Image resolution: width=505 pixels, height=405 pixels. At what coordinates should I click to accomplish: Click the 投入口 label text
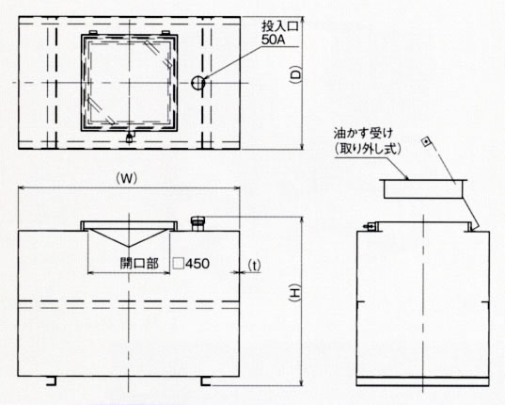[x=280, y=26]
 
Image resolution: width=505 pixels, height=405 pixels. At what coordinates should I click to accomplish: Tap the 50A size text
[x=273, y=40]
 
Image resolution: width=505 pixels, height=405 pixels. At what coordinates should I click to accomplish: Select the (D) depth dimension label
[x=295, y=74]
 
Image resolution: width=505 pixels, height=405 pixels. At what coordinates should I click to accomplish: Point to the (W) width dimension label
[x=127, y=178]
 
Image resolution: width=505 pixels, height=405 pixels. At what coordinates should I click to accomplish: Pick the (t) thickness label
[x=255, y=266]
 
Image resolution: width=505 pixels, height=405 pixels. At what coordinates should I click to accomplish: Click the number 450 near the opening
[x=197, y=264]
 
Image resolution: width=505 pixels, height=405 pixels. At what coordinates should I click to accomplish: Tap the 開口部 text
[x=139, y=264]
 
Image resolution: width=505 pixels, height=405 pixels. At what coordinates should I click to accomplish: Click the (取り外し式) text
[x=368, y=149]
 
